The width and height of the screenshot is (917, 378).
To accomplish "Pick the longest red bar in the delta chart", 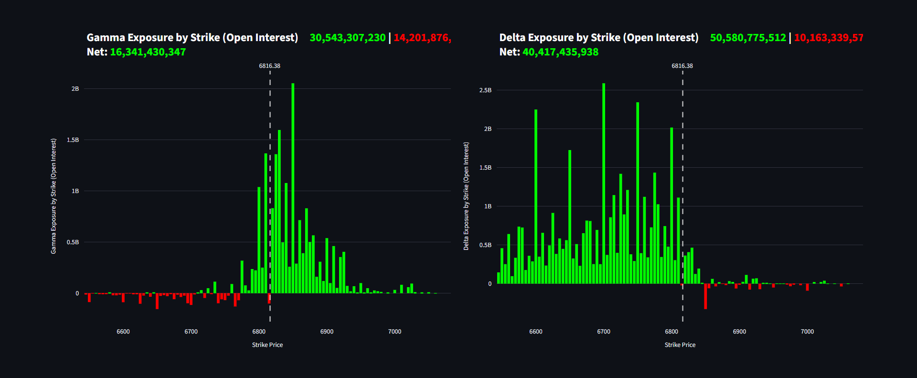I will coord(705,296).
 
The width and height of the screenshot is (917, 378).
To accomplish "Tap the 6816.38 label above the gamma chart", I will coord(269,66).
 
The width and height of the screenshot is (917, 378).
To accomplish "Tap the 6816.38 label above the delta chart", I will coord(682,66).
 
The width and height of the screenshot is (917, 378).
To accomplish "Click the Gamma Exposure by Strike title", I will coord(192,37).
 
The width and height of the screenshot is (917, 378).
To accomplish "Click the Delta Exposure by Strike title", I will coord(598,37).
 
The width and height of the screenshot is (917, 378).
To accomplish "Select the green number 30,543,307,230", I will coord(347,37).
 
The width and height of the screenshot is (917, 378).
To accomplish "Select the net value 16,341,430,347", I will coord(148,52).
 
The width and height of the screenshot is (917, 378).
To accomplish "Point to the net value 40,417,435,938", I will coord(560,52).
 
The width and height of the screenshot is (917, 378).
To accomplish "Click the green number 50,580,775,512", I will coord(747,37).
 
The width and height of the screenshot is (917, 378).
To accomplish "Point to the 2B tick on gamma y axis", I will coord(75,89).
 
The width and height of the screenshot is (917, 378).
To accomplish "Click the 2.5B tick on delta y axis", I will coord(485,90).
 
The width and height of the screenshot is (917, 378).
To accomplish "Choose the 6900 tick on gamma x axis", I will coord(327,332).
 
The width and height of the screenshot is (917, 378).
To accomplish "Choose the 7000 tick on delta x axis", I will coord(807,332).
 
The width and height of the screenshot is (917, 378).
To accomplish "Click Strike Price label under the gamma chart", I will coord(267,345).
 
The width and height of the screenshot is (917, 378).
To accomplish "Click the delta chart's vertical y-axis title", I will coord(466,196).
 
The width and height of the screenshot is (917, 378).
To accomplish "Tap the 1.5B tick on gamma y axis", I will coord(73,140).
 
